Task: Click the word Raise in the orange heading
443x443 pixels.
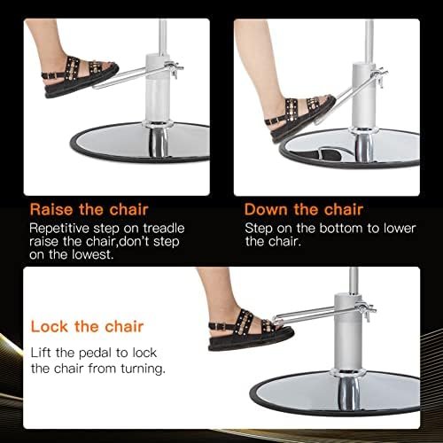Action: [51, 209]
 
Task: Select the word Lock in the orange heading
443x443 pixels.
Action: [49, 326]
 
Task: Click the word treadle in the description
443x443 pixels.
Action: [164, 229]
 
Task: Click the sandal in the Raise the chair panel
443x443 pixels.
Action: [80, 77]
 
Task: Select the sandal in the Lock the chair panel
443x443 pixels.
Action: [250, 330]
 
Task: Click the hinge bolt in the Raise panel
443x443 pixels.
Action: [175, 70]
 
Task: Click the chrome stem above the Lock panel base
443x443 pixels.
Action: [349, 392]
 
